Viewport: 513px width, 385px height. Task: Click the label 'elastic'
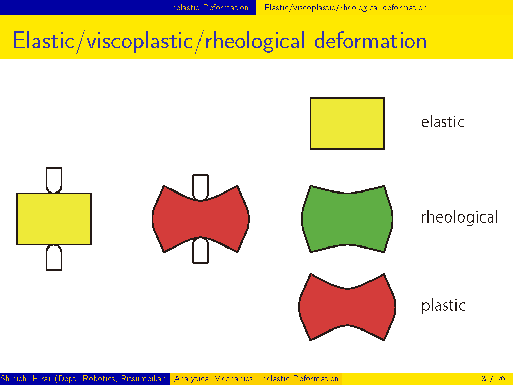click(x=443, y=122)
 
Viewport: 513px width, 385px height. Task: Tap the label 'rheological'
click(x=460, y=217)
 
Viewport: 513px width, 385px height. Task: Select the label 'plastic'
click(x=443, y=306)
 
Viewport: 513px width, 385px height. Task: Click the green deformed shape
click(x=347, y=219)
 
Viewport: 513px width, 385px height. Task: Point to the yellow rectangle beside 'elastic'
click(x=347, y=124)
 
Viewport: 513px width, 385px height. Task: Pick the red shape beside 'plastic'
click(x=347, y=307)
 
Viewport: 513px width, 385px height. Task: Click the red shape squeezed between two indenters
click(x=201, y=218)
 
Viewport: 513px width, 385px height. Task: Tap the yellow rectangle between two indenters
click(x=54, y=219)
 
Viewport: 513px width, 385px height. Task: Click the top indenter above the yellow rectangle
click(x=54, y=180)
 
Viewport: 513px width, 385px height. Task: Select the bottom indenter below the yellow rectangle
click(x=54, y=258)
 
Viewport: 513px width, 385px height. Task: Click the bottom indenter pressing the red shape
click(x=201, y=251)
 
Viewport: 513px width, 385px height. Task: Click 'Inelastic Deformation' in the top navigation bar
click(x=209, y=7)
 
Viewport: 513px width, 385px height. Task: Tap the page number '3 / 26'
click(x=493, y=379)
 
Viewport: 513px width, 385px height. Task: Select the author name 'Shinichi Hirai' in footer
click(x=25, y=379)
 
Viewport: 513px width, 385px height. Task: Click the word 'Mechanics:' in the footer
click(x=235, y=379)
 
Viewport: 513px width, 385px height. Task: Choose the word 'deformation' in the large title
click(x=370, y=41)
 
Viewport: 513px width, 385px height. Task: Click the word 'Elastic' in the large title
click(x=44, y=41)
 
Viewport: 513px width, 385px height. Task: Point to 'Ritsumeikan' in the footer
click(x=144, y=379)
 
